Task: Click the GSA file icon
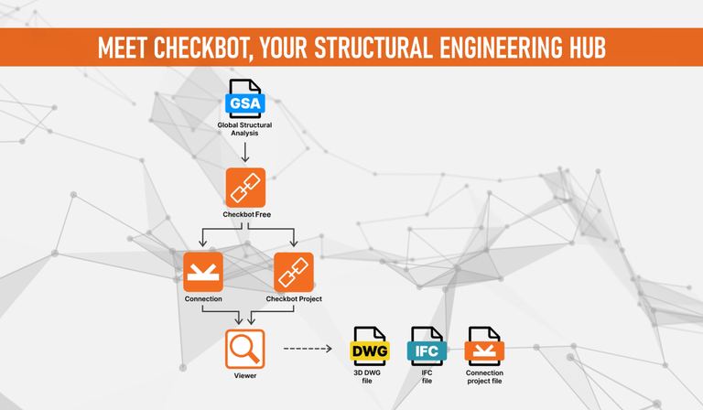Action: coord(245,100)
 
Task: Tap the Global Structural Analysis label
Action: coord(245,128)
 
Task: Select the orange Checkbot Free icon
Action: coord(245,187)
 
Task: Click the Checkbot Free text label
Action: coord(245,214)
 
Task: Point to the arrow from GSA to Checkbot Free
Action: coord(245,150)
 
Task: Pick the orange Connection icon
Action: coord(203,272)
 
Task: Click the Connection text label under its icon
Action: coord(203,299)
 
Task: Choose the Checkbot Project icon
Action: coord(294,272)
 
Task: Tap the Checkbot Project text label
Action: coord(294,299)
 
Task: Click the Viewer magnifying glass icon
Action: coord(245,349)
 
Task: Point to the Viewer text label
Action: coord(245,375)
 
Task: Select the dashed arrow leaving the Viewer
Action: coord(307,349)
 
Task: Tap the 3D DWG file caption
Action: coord(370,377)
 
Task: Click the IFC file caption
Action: coord(427,377)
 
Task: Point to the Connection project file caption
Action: coord(484,377)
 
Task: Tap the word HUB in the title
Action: coord(585,48)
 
